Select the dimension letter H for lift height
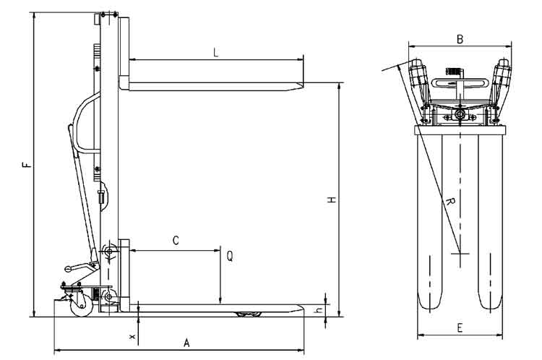pos(330,200)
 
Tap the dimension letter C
pos(175,240)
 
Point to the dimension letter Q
pos(229,255)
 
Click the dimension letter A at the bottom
pos(186,343)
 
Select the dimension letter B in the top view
pos(460,39)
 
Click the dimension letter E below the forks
pos(460,327)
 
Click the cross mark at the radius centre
pos(460,254)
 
